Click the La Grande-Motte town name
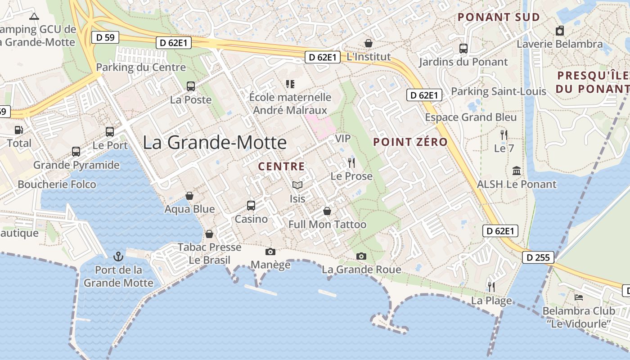point(215,142)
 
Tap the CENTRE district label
point(281,166)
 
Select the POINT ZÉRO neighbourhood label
point(410,142)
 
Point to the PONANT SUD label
point(499,17)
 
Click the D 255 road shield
point(538,258)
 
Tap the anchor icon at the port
point(118,256)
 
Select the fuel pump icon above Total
point(19,130)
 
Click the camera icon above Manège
point(270,252)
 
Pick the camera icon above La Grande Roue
point(361,256)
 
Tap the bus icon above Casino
point(251,206)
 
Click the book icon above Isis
point(297,185)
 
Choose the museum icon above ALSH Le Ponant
point(517,171)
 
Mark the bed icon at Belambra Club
point(579,297)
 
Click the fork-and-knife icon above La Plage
point(491,287)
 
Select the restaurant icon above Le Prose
point(351,162)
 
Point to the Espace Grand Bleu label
point(471,117)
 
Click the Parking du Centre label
point(141,67)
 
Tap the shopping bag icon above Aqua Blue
point(189,196)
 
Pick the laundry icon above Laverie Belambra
point(560,31)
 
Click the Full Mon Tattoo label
point(327,224)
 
